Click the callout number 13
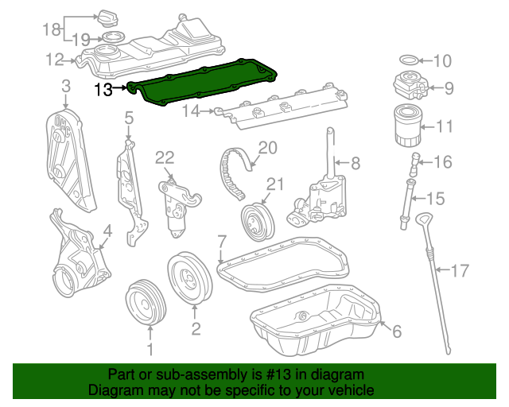click(103, 89)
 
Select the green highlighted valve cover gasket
click(201, 81)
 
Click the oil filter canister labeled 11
click(408, 126)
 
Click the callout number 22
click(165, 158)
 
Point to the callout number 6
click(397, 331)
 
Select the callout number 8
click(356, 163)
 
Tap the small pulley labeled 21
click(258, 223)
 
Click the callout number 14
click(191, 111)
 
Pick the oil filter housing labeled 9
click(410, 85)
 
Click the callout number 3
click(66, 87)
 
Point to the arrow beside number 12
click(70, 60)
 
